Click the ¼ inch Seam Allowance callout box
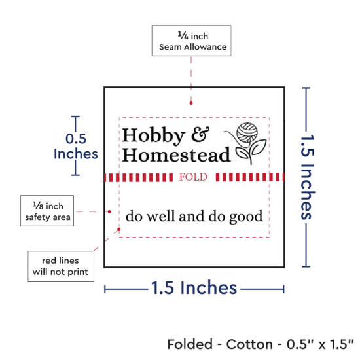(192, 41)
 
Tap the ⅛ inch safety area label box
(47, 211)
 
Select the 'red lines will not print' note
(61, 266)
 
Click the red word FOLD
(193, 177)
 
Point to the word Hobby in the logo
(153, 135)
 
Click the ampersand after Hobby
(200, 134)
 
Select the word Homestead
(176, 154)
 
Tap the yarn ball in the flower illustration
(247, 132)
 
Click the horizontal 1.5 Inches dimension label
(194, 287)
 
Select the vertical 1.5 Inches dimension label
(308, 177)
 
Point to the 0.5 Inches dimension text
(76, 146)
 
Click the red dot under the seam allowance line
(191, 103)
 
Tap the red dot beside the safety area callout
(109, 211)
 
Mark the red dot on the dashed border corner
(119, 229)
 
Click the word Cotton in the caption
(249, 344)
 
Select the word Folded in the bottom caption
(190, 344)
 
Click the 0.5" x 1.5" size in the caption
(320, 344)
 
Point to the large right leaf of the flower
(259, 147)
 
